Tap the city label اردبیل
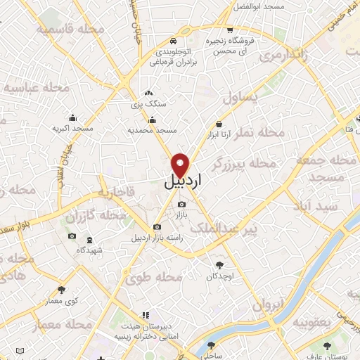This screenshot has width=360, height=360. (x=183, y=181)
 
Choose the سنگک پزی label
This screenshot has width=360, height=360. (x=148, y=103)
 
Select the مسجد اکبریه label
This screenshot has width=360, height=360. (x=73, y=129)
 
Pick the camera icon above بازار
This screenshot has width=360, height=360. (x=181, y=204)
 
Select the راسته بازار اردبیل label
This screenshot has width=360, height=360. (x=157, y=237)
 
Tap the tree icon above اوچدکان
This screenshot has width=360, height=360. (x=220, y=265)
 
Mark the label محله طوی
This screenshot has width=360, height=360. (x=154, y=278)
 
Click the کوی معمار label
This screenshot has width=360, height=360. (x=60, y=300)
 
